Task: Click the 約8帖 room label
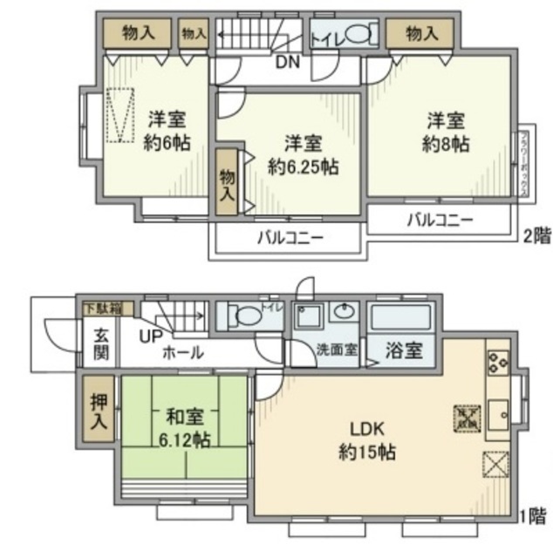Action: [446, 131]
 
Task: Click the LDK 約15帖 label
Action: [367, 441]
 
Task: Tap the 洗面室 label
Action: [336, 350]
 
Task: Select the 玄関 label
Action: [101, 344]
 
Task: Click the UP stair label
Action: [150, 337]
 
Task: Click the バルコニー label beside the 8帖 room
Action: [440, 221]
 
